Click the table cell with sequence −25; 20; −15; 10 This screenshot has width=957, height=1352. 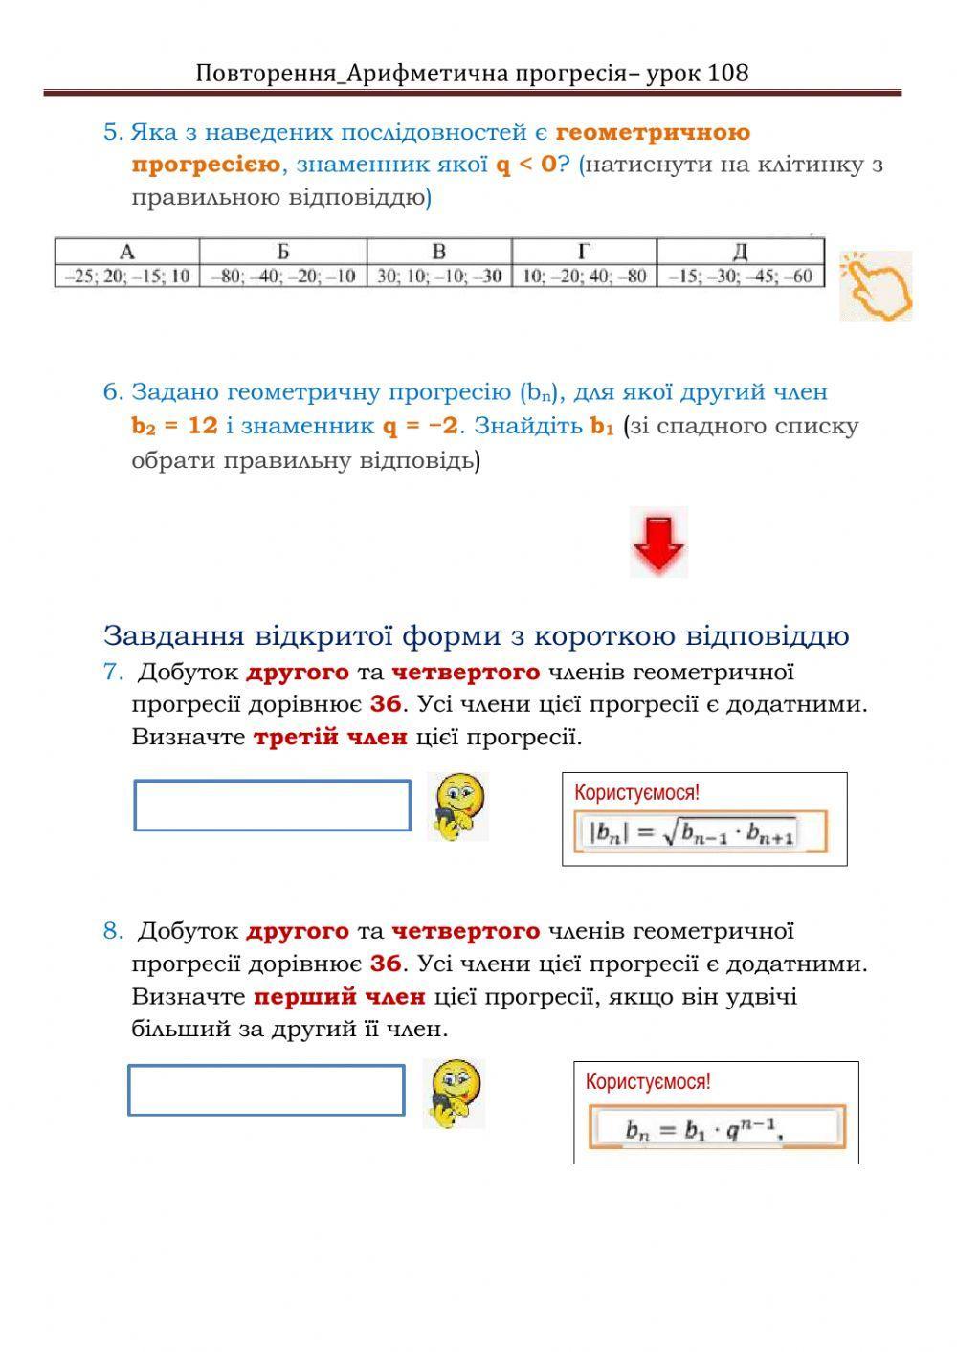click(127, 277)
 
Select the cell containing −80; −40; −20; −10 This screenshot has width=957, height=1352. click(283, 277)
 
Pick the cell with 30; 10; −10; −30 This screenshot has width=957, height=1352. click(439, 277)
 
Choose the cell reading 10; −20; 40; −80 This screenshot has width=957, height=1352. click(584, 277)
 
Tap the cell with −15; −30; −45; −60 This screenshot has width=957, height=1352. click(740, 277)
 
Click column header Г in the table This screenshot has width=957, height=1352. click(584, 252)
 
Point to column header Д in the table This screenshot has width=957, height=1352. click(740, 252)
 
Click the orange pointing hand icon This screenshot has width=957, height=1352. click(876, 286)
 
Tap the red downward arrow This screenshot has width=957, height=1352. click(658, 543)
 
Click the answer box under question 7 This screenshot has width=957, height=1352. click(272, 806)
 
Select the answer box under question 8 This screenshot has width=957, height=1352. click(266, 1090)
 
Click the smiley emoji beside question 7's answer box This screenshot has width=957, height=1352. click(458, 807)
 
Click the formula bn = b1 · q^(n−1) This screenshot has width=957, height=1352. click(703, 1129)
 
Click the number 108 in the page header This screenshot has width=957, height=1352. click(728, 73)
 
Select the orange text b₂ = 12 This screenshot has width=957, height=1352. click(175, 426)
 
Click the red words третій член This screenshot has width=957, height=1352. click(330, 738)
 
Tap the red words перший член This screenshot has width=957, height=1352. click(339, 997)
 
